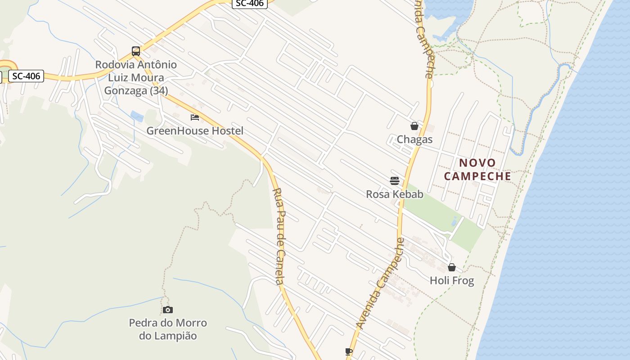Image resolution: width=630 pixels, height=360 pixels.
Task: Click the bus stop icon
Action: point(136,51)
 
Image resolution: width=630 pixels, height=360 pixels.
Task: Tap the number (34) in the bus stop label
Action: point(158,91)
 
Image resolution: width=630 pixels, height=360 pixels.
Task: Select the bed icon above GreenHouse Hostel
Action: point(195,117)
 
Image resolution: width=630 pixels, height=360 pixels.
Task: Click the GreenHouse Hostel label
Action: point(195,131)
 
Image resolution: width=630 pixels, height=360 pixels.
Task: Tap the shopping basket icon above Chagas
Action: point(414,126)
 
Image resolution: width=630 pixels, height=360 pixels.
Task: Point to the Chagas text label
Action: point(414,139)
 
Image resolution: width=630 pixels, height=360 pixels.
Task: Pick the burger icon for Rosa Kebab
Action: point(395,181)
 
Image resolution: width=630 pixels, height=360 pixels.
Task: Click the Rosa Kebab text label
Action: point(395,194)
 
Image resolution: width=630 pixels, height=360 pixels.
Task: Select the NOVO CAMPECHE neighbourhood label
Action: point(477,169)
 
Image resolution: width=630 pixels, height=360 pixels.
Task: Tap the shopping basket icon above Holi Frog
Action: point(452,268)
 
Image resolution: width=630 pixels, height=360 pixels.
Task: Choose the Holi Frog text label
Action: point(452,281)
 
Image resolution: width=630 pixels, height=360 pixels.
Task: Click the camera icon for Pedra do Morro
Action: point(168,310)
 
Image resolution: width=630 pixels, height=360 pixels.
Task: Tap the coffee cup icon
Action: point(348,351)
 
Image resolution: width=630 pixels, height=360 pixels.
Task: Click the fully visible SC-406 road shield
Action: point(26,76)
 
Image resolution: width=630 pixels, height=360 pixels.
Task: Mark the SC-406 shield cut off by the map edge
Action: point(250,3)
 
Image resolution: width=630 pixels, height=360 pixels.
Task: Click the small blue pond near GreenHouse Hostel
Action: point(137,116)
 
